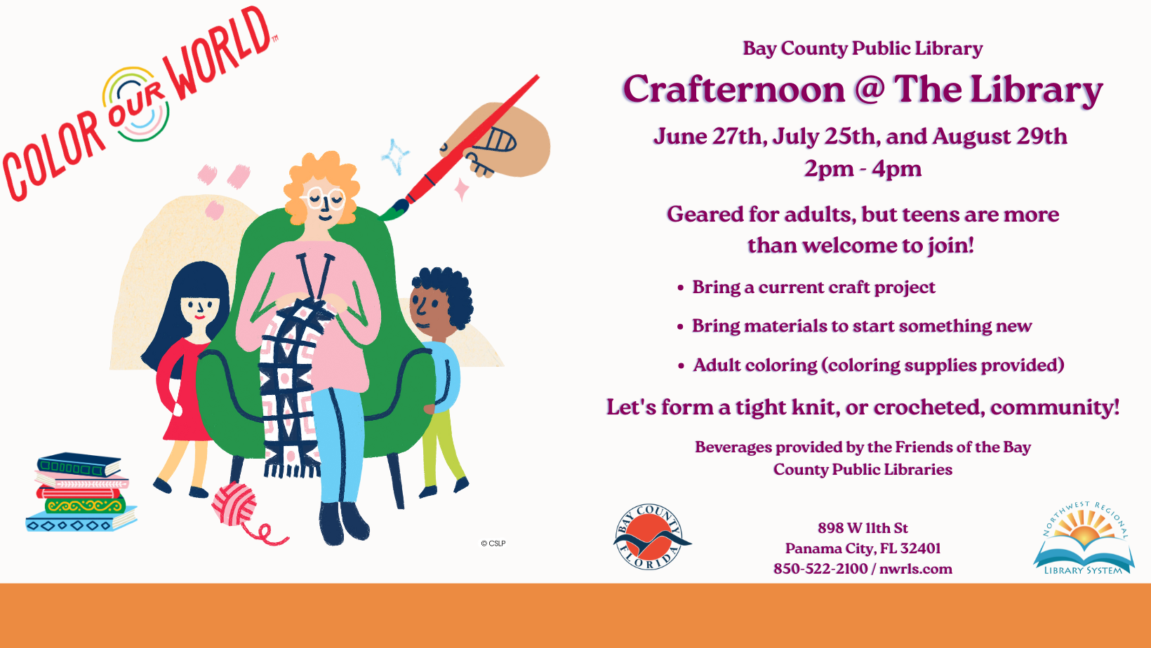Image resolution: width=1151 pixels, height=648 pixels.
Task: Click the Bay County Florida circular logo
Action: (x=651, y=536)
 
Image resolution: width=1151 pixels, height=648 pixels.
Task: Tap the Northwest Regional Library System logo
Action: (x=1084, y=538)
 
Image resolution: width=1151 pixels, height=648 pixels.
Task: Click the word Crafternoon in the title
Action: (x=734, y=90)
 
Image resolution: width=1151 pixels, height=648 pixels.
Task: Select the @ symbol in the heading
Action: (x=870, y=89)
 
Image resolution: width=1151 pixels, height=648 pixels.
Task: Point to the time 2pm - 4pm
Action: (x=863, y=169)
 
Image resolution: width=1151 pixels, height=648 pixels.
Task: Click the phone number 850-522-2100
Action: (x=820, y=569)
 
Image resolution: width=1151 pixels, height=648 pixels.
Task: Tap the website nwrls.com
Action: (x=916, y=569)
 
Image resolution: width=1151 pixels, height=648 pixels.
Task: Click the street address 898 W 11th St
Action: (x=863, y=528)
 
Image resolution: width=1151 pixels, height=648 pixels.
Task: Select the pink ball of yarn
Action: (x=235, y=504)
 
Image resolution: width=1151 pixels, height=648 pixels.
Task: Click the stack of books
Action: (x=81, y=492)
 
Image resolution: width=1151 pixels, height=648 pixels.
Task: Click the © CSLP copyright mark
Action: (x=493, y=544)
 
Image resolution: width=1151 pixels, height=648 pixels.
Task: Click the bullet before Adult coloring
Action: (x=681, y=365)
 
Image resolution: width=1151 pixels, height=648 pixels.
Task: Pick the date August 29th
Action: (x=999, y=137)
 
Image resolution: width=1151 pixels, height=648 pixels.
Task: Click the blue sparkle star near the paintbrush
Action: (x=394, y=156)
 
